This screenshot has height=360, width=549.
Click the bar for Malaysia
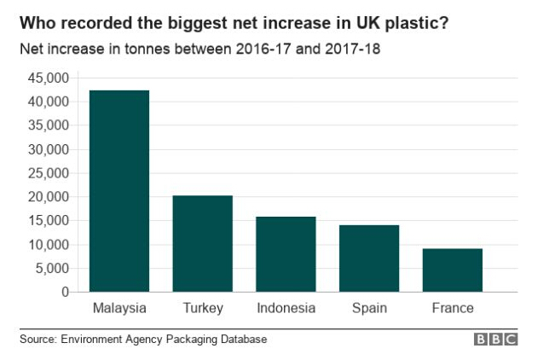[x=119, y=191]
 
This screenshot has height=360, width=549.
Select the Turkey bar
[x=203, y=244]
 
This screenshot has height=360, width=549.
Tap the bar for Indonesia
[x=286, y=254]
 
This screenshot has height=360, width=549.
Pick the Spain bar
[x=369, y=258]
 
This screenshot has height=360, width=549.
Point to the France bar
[x=453, y=270]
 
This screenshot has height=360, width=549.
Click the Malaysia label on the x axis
[x=119, y=308]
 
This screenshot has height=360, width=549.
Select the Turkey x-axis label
[x=203, y=308]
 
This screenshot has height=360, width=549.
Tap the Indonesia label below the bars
[x=286, y=308]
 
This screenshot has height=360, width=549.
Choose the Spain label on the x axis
[x=369, y=308]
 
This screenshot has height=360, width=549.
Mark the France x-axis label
[x=453, y=308]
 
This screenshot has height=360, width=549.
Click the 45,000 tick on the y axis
[x=48, y=78]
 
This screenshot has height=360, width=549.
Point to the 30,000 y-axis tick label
[x=48, y=149]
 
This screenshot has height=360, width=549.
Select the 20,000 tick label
[x=48, y=197]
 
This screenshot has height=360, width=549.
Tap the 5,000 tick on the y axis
[x=51, y=269]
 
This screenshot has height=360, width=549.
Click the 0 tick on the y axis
[x=64, y=292]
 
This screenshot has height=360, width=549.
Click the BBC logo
[x=496, y=340]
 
